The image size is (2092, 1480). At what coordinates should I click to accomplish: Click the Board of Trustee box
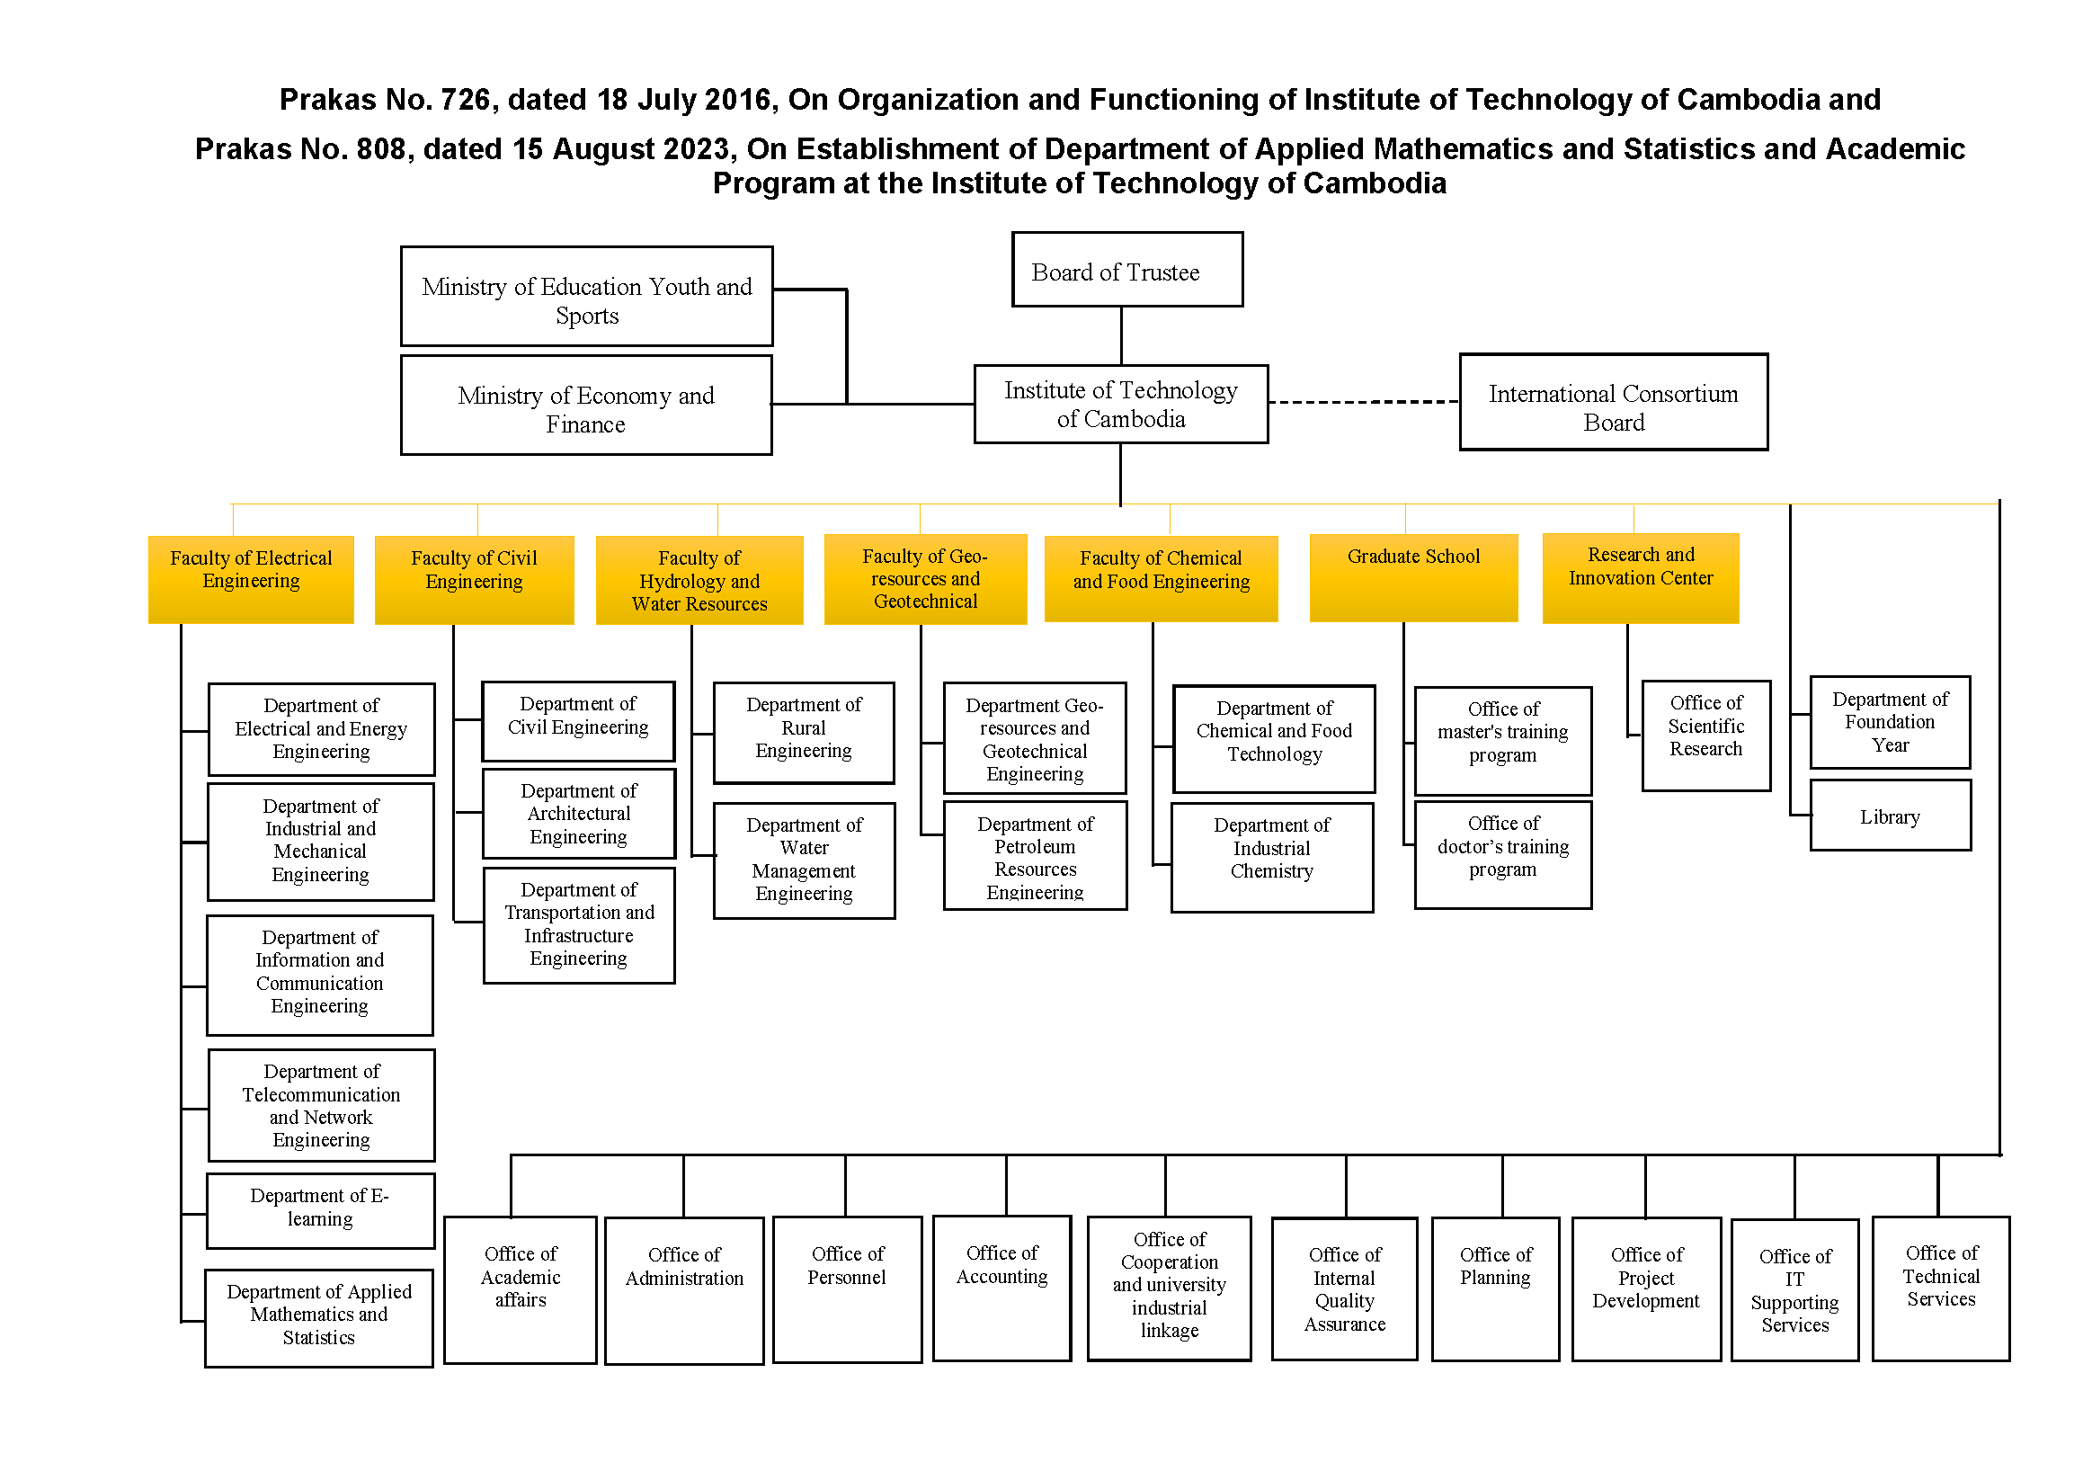coord(1127,270)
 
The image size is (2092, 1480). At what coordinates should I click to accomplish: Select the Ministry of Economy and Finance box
coord(586,406)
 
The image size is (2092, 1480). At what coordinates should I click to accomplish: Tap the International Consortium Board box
coord(1613,403)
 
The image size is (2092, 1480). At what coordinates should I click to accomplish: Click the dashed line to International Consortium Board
coord(1363,402)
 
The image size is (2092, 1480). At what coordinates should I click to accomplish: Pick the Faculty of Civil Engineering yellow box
coord(474,580)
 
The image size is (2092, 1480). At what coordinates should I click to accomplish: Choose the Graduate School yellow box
coord(1413,578)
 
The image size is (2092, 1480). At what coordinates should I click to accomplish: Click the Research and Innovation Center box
coord(1640,578)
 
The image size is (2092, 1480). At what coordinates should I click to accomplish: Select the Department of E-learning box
coord(320,1210)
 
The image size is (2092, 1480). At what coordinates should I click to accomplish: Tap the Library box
coord(1890,816)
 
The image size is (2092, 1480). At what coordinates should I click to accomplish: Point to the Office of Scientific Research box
coord(1705,736)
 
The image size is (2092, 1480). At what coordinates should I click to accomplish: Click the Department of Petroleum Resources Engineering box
coord(1035,856)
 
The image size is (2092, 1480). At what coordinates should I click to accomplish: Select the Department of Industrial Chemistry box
coord(1272,858)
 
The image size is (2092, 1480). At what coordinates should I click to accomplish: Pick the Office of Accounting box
coord(1001,1288)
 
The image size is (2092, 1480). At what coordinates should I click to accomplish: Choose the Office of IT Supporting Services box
coord(1794,1289)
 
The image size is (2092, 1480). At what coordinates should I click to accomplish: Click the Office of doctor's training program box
coord(1502,855)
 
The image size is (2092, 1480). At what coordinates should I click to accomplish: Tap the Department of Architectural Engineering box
coord(579,814)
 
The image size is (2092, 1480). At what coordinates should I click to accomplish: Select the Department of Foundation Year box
coord(1890,722)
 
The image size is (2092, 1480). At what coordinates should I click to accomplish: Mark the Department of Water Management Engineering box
coord(804,860)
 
